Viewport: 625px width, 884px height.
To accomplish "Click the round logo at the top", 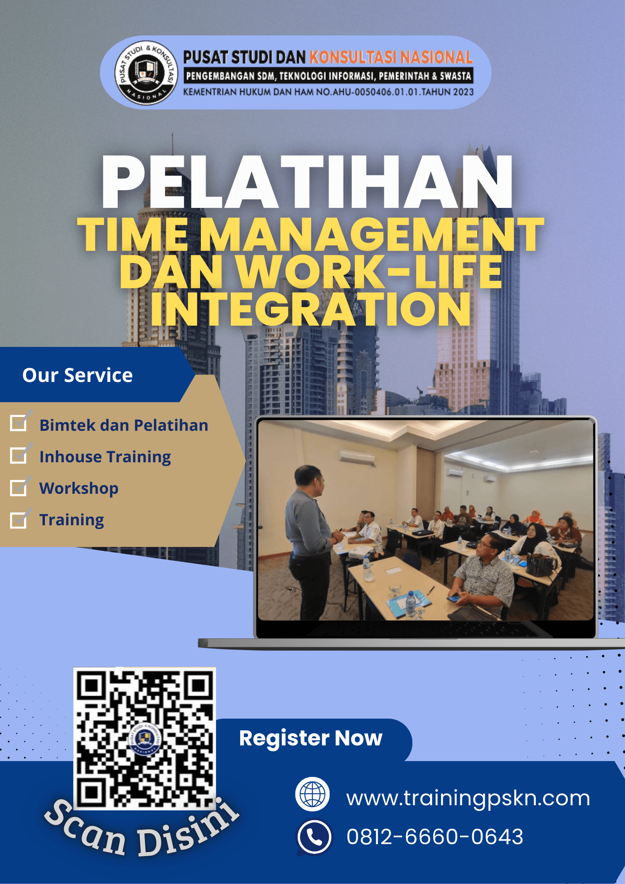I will pos(146,73).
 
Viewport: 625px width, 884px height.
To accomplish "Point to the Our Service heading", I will pos(78,375).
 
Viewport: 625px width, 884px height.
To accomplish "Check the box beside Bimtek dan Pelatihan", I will pos(19,423).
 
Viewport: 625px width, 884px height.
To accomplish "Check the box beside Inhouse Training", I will pos(19,455).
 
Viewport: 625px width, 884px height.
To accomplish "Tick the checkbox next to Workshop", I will pos(19,487).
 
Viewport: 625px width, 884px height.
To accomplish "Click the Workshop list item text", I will pos(79,488).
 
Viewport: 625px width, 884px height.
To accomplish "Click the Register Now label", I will pos(311,738).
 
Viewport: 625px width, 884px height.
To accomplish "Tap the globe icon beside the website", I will pos(313,794).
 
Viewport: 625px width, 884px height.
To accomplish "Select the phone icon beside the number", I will pos(314,836).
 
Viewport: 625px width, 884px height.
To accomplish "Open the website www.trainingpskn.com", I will pos(468,798).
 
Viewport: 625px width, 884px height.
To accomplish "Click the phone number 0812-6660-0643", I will pos(435,837).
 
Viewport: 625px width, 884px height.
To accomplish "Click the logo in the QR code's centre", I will pos(145,738).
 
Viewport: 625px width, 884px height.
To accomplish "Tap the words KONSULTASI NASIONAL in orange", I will pos(391,57).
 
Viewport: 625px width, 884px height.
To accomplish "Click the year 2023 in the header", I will pos(463,92).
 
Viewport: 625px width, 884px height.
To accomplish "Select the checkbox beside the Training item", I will pos(19,520).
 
